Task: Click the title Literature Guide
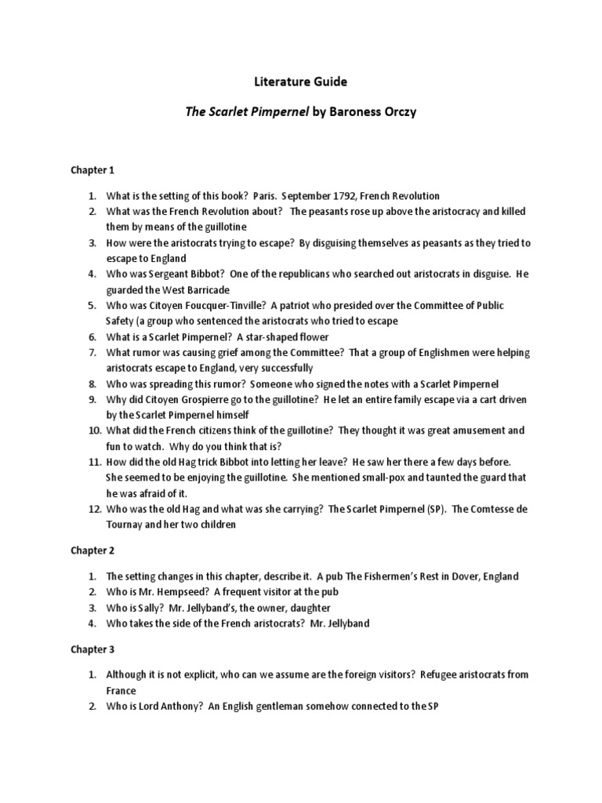click(301, 81)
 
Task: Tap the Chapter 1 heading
click(92, 169)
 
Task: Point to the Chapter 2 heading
click(92, 550)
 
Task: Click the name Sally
click(157, 608)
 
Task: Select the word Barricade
click(204, 289)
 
